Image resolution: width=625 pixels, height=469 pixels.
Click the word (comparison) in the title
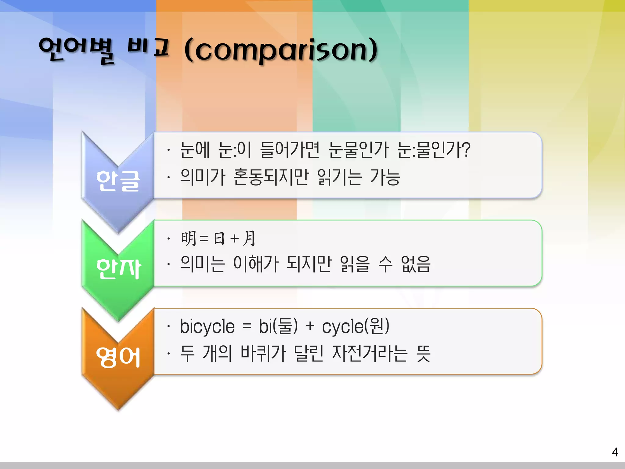click(x=281, y=50)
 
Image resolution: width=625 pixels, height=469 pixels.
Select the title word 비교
click(x=148, y=47)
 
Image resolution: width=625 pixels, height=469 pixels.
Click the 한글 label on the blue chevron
click(x=118, y=181)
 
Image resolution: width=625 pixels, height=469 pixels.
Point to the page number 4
click(x=615, y=452)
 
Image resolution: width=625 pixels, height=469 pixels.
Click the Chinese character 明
click(x=189, y=238)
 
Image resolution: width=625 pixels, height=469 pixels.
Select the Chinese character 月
click(x=249, y=238)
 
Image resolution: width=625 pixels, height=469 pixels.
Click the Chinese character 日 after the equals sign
click(x=219, y=238)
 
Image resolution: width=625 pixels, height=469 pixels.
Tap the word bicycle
click(x=207, y=326)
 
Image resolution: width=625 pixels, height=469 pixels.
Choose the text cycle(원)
click(x=356, y=326)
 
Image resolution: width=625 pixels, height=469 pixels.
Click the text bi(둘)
click(x=278, y=326)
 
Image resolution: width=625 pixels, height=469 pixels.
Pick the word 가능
click(x=385, y=177)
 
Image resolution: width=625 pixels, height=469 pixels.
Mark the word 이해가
click(x=256, y=264)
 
